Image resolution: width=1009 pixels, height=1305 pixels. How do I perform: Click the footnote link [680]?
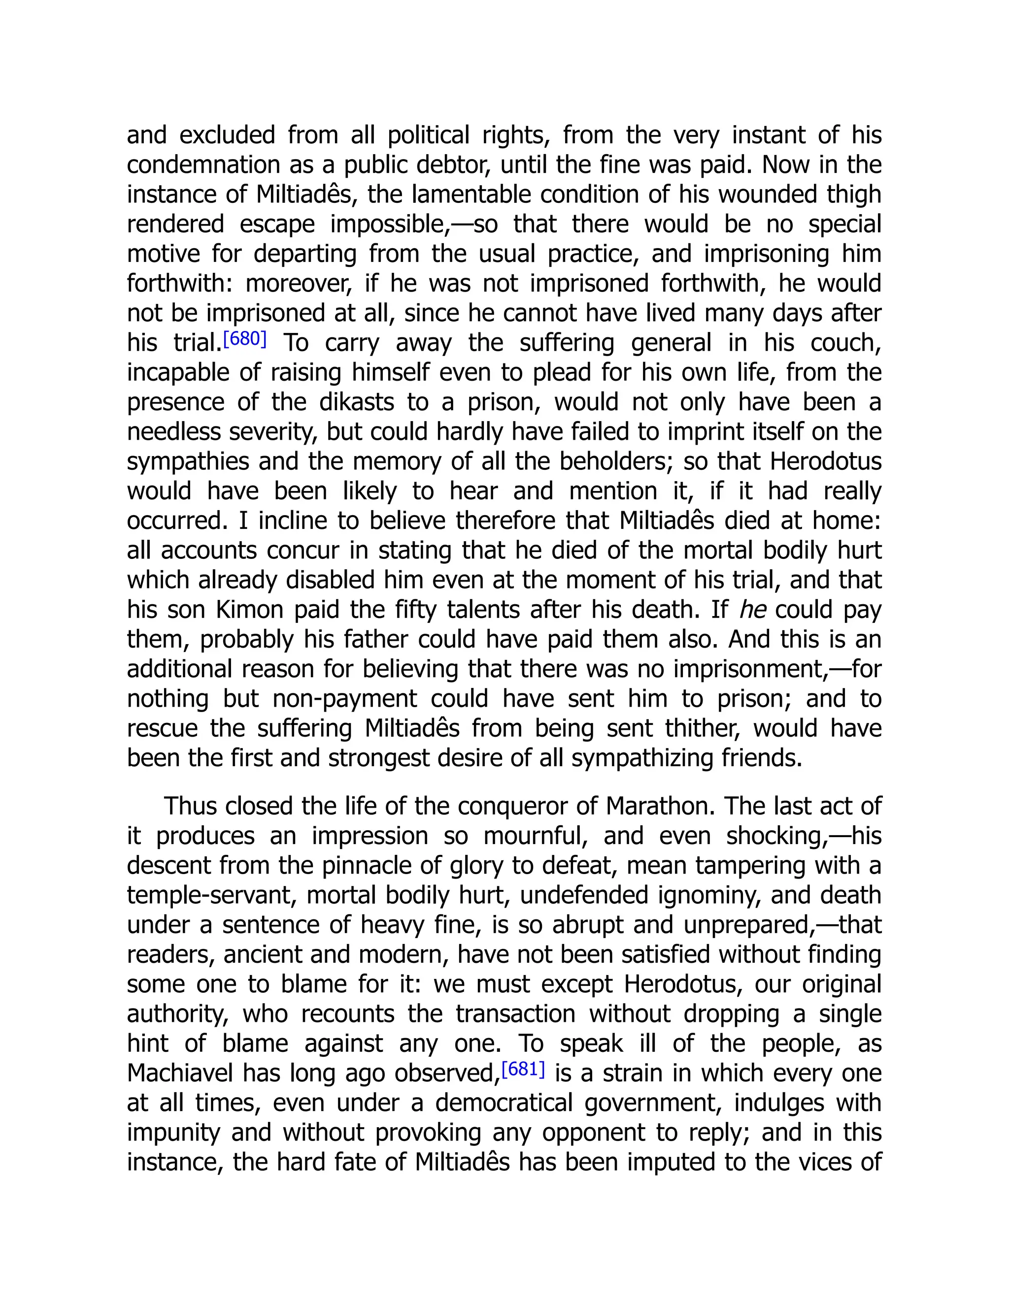click(244, 339)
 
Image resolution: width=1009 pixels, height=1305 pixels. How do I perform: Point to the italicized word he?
click(753, 610)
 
